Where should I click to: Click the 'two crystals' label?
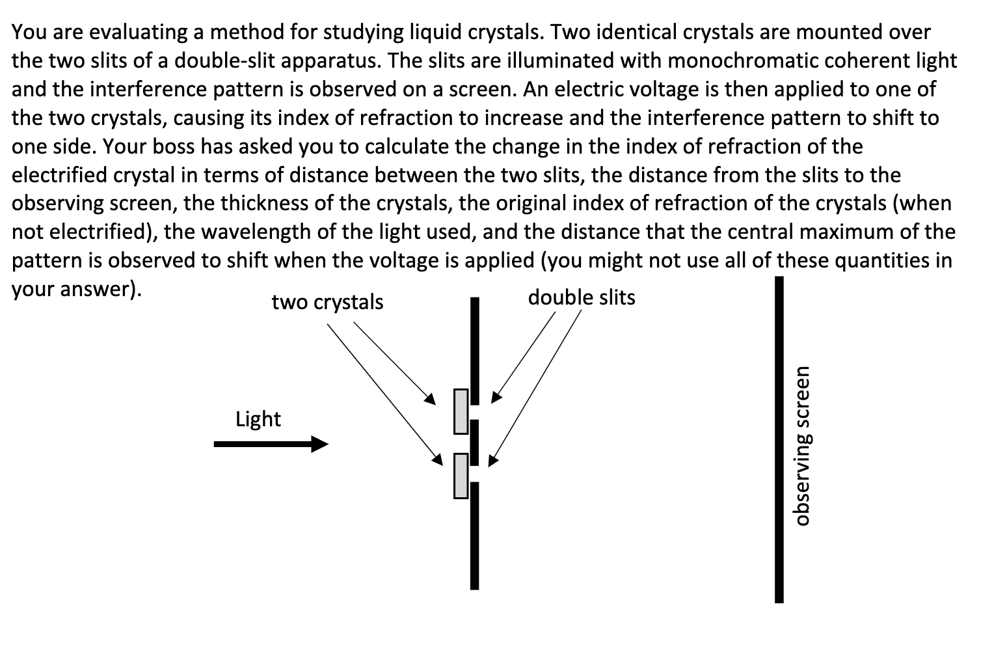pyautogui.click(x=327, y=303)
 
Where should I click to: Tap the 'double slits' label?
pyautogui.click(x=581, y=298)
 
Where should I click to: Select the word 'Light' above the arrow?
pyautogui.click(x=258, y=419)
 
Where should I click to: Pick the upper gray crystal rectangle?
pyautogui.click(x=461, y=411)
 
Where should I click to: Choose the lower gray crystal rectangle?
pyautogui.click(x=461, y=476)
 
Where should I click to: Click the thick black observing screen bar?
pyautogui.click(x=779, y=439)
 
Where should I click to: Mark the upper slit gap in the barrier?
pyautogui.click(x=475, y=413)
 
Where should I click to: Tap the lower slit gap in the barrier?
pyautogui.click(x=475, y=474)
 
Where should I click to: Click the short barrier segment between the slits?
pyautogui.click(x=475, y=443)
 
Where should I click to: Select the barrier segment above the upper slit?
pyautogui.click(x=475, y=351)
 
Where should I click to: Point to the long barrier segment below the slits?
pyautogui.click(x=475, y=535)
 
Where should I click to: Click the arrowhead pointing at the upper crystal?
pyautogui.click(x=429, y=398)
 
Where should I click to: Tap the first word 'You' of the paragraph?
pyautogui.click(x=29, y=33)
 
